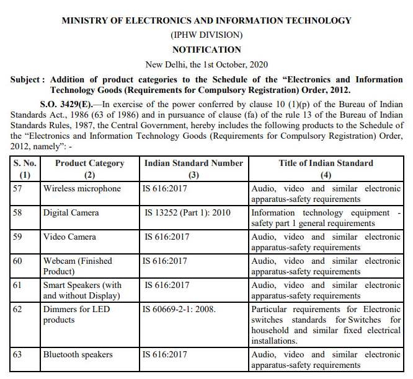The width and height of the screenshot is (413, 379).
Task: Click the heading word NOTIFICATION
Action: pos(206,50)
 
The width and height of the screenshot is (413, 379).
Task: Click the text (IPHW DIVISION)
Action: pos(206,35)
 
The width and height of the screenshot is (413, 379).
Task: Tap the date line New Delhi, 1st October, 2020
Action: pos(206,64)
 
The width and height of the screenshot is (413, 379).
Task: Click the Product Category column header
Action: pos(89,163)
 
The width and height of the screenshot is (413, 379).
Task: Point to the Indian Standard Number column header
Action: pos(193,163)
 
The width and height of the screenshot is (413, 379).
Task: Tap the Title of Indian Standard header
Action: pos(326,163)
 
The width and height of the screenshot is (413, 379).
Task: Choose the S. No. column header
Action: pos(25,163)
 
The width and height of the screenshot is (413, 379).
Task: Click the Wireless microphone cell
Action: pos(82,188)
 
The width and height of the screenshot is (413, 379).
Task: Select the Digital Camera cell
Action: pos(72,212)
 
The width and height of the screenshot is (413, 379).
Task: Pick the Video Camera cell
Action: pos(69,237)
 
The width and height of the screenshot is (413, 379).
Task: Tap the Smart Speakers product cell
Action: pos(82,290)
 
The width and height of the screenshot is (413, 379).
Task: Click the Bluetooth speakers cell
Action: pos(78,354)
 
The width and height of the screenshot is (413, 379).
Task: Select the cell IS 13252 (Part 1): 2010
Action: pos(187,212)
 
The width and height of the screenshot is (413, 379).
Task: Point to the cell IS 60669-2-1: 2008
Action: pos(179,309)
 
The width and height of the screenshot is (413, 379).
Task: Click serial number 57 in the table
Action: pos(17,188)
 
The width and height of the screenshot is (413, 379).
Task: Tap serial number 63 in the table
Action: pos(17,354)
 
